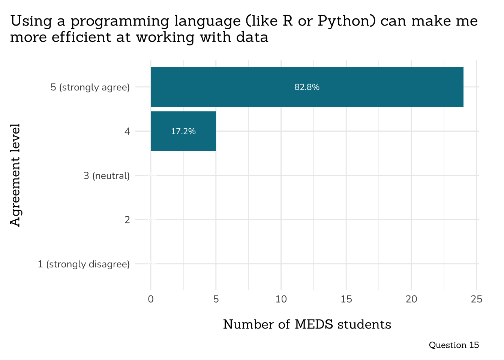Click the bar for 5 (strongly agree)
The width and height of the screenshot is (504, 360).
point(307,87)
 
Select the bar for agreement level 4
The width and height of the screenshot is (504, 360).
point(183,131)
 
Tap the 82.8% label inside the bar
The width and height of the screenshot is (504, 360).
point(307,87)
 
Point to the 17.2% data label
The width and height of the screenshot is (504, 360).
point(183,131)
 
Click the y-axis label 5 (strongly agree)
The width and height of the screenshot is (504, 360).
point(90,87)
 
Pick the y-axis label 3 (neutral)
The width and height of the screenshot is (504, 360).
point(106,175)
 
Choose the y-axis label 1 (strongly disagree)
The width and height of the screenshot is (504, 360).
point(84,264)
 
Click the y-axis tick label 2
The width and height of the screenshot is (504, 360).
point(127,220)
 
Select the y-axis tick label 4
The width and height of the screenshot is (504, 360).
point(127,131)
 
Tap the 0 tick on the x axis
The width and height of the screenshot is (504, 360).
point(151,299)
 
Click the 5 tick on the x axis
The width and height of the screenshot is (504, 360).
point(216,299)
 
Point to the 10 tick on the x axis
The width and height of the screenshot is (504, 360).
point(281,299)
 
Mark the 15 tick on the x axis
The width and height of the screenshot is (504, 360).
point(346,299)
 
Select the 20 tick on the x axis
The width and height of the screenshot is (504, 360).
point(411,299)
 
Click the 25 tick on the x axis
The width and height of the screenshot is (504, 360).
point(476,299)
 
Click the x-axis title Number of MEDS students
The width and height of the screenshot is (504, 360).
point(307,324)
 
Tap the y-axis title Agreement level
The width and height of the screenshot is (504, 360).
point(15,175)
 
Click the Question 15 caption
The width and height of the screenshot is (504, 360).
point(454,345)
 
